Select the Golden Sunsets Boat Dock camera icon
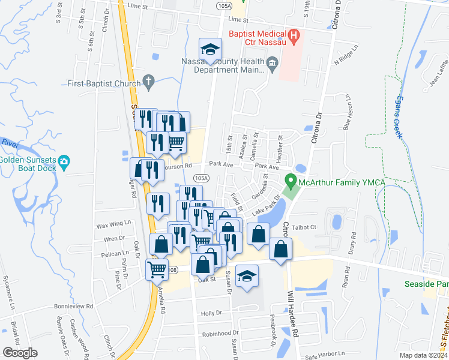pyautogui.click(x=65, y=161)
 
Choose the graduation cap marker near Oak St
pyautogui.click(x=247, y=276)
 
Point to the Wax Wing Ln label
pyautogui.click(x=113, y=224)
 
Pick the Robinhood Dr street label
pyautogui.click(x=220, y=334)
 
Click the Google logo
pyautogui.click(x=20, y=353)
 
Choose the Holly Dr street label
pyautogui.click(x=211, y=313)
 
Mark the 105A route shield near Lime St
pyautogui.click(x=223, y=5)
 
